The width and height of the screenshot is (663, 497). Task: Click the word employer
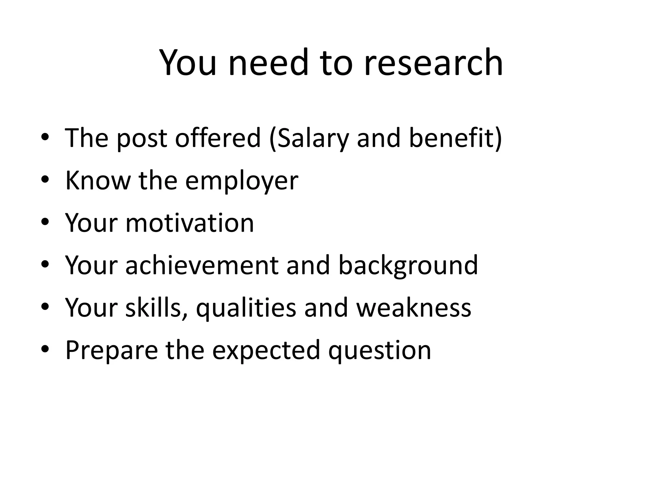point(242,181)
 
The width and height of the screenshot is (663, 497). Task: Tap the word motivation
point(190,223)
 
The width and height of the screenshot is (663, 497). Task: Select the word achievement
point(202,265)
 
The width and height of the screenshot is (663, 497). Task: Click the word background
point(408,265)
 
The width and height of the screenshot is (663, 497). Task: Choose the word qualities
point(246,308)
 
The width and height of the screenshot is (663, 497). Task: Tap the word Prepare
point(112,350)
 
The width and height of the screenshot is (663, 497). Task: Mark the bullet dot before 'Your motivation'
point(45,223)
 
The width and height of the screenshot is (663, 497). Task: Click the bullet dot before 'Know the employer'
point(45,180)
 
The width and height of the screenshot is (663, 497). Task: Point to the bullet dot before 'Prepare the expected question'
point(45,349)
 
